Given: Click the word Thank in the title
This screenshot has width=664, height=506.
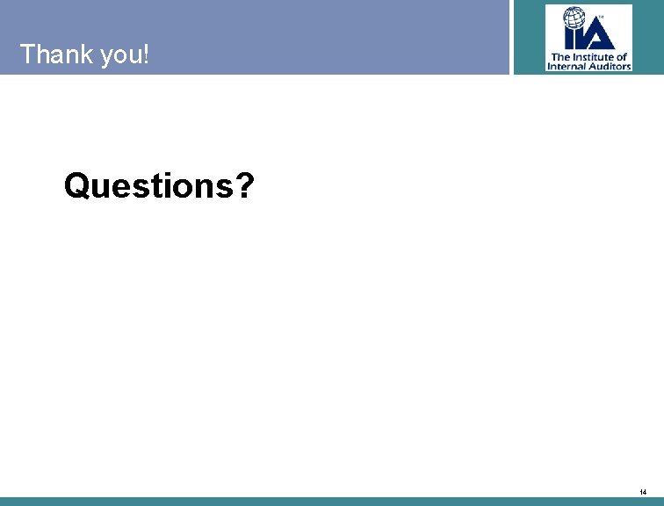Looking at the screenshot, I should [55, 54].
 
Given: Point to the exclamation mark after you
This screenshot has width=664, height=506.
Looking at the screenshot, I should [145, 54].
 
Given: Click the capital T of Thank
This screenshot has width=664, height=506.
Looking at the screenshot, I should [28, 54].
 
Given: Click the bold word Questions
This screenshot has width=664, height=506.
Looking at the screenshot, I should [148, 185].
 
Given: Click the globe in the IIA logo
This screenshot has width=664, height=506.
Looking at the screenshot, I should [576, 20].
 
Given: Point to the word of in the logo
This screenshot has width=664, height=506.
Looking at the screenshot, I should [622, 56].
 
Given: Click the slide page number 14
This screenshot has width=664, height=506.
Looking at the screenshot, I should [644, 491].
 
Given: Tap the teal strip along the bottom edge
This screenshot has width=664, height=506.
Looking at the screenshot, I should [332, 502].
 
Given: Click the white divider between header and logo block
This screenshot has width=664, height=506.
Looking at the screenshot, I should [511, 37].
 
